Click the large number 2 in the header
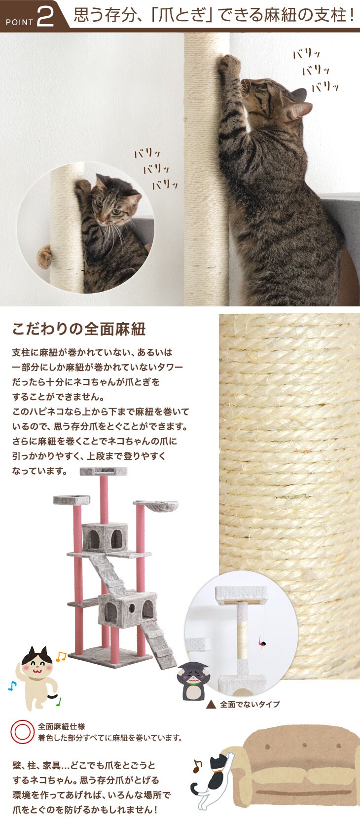pos(46,17)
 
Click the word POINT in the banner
pos(20,23)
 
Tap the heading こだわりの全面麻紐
pos(79,329)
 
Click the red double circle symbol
pos(23,731)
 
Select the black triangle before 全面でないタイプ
pos(211,704)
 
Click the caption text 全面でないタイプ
pos(250,704)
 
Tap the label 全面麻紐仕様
pos(62,726)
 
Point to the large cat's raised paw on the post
pos(228,63)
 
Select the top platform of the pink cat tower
pos(104,471)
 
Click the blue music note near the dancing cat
pos(12,685)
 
